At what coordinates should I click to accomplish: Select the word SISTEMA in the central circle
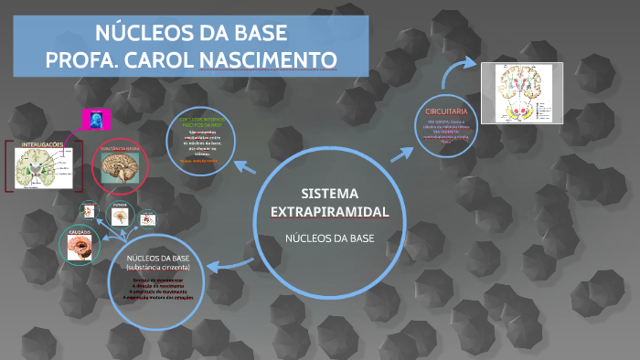(330, 194)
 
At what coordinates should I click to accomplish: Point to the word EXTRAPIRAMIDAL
(330, 212)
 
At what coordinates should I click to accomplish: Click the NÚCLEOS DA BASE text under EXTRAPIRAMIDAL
(330, 238)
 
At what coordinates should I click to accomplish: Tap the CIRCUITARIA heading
(446, 111)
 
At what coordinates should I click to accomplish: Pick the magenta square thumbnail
(96, 119)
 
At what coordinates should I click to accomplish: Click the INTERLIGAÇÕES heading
(41, 144)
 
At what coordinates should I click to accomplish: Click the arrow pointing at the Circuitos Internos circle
(244, 167)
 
